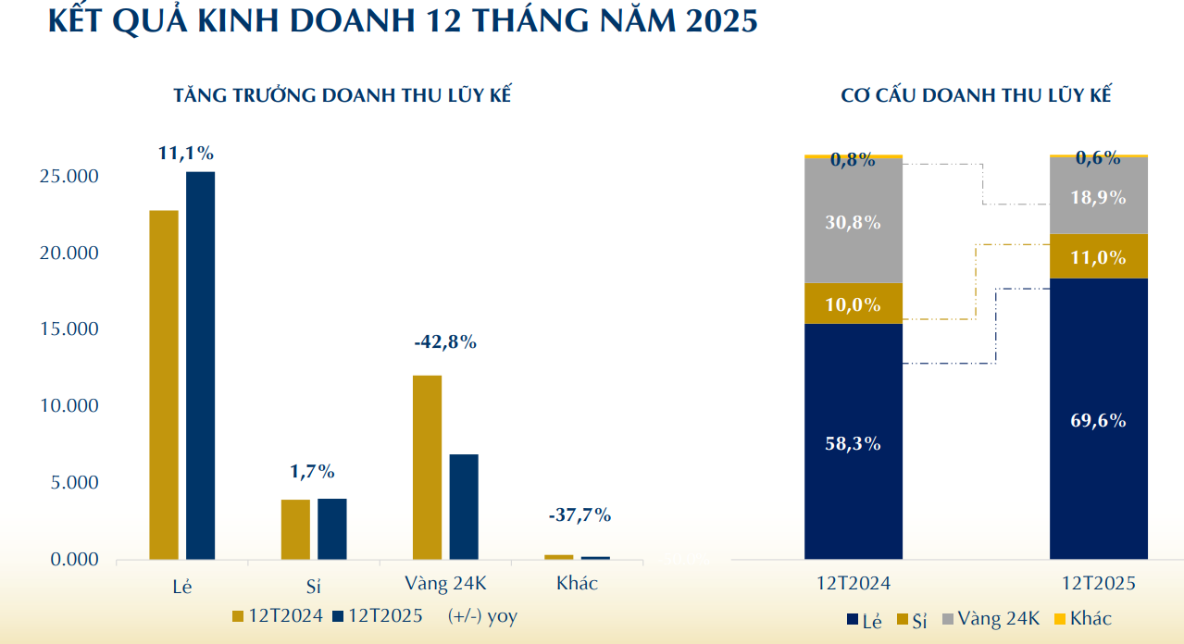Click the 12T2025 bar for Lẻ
(200, 365)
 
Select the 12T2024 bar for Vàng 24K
(427, 467)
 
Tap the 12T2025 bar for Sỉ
(331, 529)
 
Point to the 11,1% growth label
(186, 154)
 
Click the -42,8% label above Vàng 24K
(445, 342)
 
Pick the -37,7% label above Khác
(580, 515)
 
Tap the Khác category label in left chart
(577, 584)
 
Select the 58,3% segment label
(853, 443)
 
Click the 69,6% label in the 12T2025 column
(1098, 421)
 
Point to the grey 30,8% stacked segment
(853, 222)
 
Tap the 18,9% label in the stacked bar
(1098, 197)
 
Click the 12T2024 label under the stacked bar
(853, 585)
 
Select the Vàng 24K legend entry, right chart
(991, 619)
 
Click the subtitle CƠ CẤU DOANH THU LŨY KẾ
(976, 94)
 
